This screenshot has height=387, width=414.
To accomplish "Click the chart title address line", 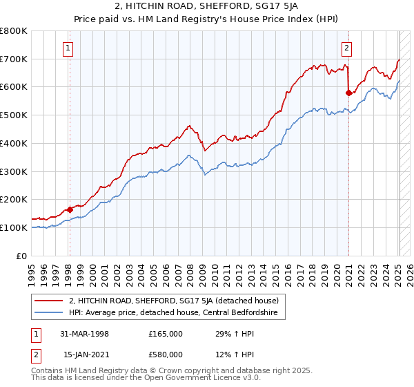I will pyautogui.click(x=206, y=7).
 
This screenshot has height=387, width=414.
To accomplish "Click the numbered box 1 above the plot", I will pyautogui.click(x=69, y=48).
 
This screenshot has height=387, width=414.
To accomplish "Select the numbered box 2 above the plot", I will pyautogui.click(x=346, y=48).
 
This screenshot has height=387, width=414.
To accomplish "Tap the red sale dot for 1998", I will pyautogui.click(x=70, y=209).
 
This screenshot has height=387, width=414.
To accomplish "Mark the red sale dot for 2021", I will pyautogui.click(x=348, y=92).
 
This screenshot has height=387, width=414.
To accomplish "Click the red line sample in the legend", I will pyautogui.click(x=48, y=301).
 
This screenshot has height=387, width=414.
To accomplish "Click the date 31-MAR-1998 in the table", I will pyautogui.click(x=84, y=334).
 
